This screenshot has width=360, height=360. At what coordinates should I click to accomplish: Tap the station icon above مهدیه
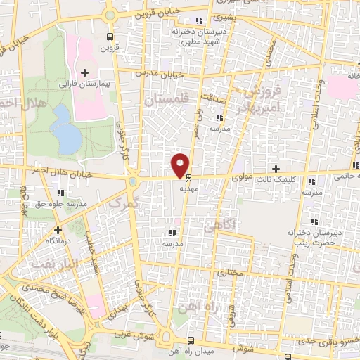coord(188,177)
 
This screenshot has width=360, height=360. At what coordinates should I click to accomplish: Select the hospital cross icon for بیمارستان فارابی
coord(85,72)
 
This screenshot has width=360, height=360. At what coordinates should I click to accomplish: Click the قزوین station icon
coord(108,37)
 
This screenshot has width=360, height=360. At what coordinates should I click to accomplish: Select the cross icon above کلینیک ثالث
coord(276,169)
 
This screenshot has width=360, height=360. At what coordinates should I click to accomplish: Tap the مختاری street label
coord(230,271)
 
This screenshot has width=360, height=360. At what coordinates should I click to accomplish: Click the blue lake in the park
coord(67,129)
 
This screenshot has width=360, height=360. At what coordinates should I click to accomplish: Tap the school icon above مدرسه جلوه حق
coord(60,192)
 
